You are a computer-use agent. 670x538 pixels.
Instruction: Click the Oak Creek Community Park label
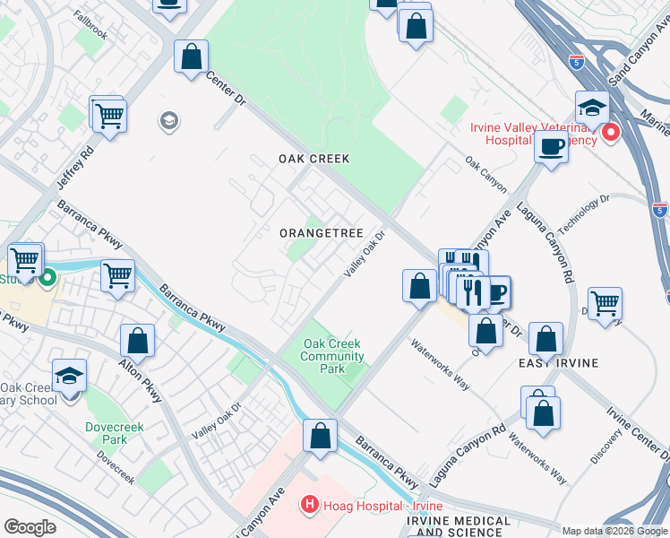tap(331, 356)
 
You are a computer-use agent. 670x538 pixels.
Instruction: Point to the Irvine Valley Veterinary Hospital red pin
tap(611, 134)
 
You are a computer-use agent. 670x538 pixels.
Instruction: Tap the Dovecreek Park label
tap(108, 433)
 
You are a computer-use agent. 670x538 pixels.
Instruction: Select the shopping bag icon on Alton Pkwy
tap(138, 341)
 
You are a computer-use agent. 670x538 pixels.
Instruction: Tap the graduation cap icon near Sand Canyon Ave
tap(592, 108)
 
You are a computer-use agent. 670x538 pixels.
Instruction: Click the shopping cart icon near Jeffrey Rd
tap(109, 115)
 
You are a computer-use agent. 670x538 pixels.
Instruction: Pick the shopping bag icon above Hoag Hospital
tap(320, 436)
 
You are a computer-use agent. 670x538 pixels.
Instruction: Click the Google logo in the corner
tap(30, 527)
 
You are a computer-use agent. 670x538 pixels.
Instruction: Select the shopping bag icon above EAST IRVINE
tap(545, 340)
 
